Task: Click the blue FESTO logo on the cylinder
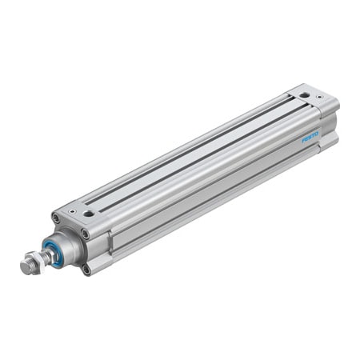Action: click(310, 138)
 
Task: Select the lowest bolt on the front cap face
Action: click(86, 270)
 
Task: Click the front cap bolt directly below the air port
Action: click(85, 234)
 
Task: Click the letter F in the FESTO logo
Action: click(304, 142)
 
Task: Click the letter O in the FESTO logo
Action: click(317, 134)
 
